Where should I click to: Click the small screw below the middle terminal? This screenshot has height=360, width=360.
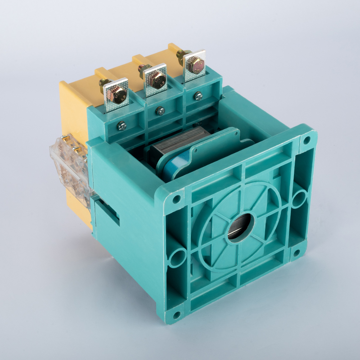(160, 111)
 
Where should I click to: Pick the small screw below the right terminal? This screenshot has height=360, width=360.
(198, 95)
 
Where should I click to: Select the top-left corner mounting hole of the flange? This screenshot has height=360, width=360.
(176, 198)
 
